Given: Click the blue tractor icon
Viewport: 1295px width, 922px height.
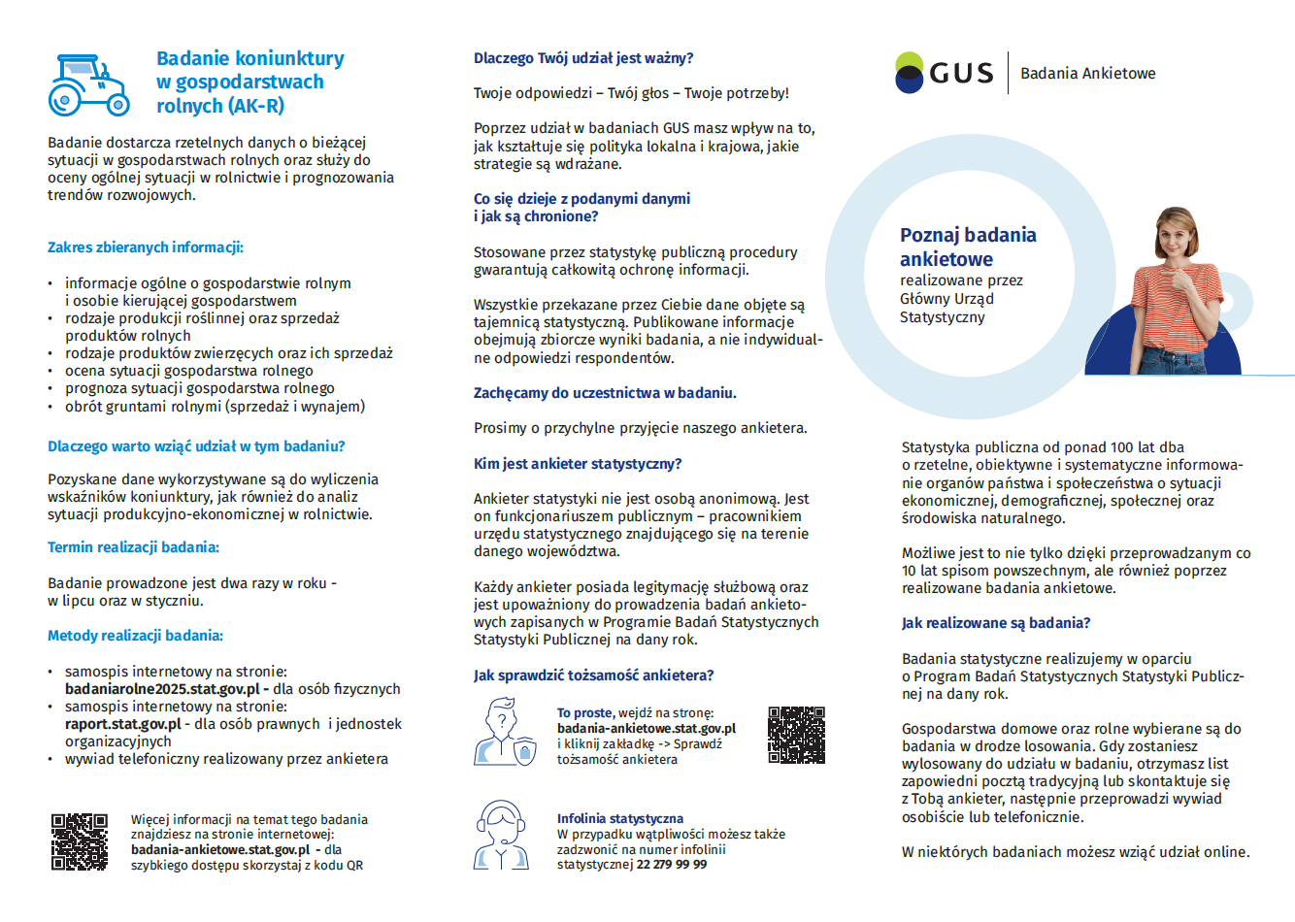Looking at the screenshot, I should pos(88,85).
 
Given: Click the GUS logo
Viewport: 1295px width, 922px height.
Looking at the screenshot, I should pos(944,73).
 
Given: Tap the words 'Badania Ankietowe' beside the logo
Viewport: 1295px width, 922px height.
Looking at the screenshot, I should pos(1087,74).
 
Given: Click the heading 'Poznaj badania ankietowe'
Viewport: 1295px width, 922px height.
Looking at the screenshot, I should pos(967,247).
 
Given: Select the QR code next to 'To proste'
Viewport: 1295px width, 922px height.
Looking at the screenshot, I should pos(796,735).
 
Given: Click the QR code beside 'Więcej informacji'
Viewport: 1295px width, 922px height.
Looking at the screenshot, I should pos(80,841).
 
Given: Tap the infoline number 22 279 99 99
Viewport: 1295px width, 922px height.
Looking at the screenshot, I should pos(672,865).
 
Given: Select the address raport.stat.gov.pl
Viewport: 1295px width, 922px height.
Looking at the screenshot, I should pos(123,724).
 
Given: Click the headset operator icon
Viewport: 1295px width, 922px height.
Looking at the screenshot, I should pos(501,834).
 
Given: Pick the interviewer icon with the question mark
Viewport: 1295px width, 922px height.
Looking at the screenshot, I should pos(504,733).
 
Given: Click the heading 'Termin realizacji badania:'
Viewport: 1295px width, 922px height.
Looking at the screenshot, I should pos(133,547).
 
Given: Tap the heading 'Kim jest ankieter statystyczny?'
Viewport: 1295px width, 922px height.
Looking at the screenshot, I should pos(578,464).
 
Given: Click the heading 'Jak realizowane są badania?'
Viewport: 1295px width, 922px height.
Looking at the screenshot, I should pos(995,623).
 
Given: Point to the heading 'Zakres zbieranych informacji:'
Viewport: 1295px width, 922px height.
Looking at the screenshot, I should pos(146,247).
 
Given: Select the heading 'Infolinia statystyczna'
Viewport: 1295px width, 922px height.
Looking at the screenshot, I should pos(619,819).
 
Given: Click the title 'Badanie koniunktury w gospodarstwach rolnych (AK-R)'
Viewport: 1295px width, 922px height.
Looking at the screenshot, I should pos(249,82).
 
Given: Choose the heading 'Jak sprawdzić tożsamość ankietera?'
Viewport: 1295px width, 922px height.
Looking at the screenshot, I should pos(593,675).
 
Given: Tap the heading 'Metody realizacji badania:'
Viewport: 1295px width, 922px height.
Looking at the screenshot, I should pos(135,636).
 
